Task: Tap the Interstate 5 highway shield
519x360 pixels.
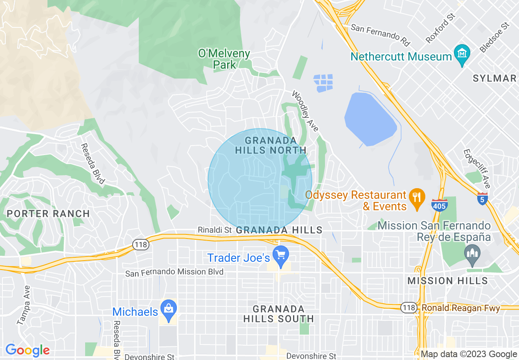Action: (x=483, y=199)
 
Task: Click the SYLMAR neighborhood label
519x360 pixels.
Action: (x=494, y=79)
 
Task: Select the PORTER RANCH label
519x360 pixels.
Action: (x=48, y=214)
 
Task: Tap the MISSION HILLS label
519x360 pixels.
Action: (x=448, y=281)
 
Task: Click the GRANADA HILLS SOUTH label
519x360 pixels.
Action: (x=278, y=314)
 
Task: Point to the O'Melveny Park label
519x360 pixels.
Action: (x=224, y=59)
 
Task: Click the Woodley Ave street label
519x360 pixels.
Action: (x=305, y=111)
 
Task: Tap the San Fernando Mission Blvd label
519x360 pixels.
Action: (x=174, y=272)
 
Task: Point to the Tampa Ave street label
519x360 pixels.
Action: (x=23, y=305)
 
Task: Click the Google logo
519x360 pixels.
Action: (x=27, y=350)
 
